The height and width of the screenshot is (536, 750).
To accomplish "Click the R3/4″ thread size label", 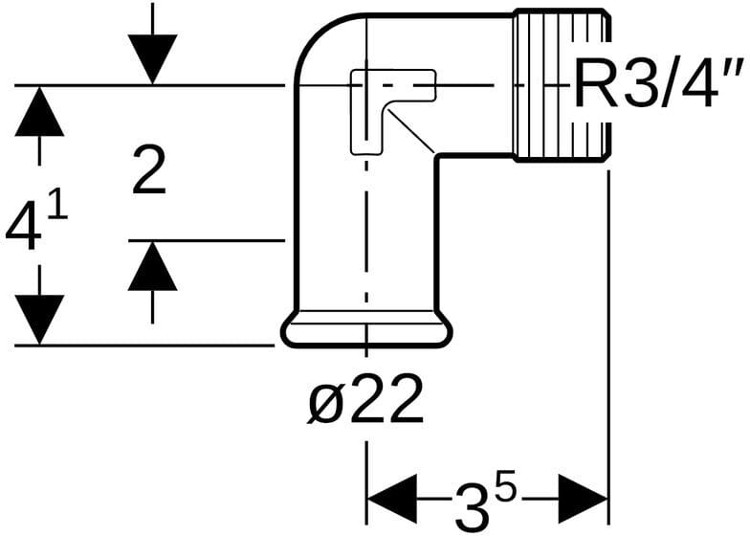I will click(x=658, y=88).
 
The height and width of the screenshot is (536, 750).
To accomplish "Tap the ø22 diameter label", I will click(x=365, y=402).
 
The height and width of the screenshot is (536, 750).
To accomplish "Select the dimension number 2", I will click(x=148, y=173).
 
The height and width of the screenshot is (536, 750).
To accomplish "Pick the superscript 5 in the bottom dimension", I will click(x=505, y=487).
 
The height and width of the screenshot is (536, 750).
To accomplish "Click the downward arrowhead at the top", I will click(x=153, y=57).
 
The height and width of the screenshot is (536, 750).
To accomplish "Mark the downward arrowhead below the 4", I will click(x=39, y=319).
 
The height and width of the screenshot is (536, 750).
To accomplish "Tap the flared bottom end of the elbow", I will click(x=365, y=331).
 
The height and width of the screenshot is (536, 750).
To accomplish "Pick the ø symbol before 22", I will click(x=323, y=403).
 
